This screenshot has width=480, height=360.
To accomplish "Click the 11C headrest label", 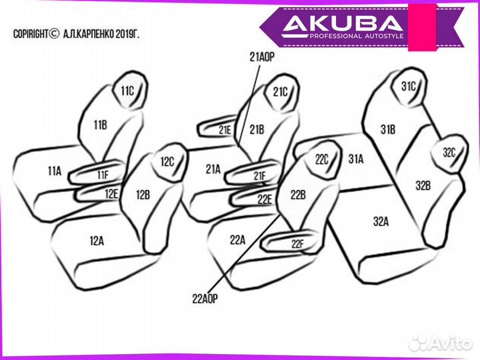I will pyautogui.click(x=127, y=90).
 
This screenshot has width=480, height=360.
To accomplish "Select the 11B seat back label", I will pyautogui.click(x=100, y=125).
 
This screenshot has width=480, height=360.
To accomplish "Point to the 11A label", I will pyautogui.click(x=54, y=171).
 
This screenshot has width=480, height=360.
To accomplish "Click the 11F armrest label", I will pyautogui.click(x=102, y=175).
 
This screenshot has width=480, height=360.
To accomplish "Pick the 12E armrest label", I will pyautogui.click(x=111, y=194).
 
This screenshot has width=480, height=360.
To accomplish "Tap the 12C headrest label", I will pyautogui.click(x=167, y=162).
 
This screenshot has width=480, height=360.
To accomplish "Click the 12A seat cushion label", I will pyautogui.click(x=97, y=240).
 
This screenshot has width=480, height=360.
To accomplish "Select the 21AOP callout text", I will pyautogui.click(x=262, y=58).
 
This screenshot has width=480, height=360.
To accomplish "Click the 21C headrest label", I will pyautogui.click(x=280, y=93).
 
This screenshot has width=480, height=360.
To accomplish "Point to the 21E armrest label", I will pyautogui.click(x=225, y=130).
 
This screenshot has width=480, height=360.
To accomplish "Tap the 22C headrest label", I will pyautogui.click(x=322, y=160).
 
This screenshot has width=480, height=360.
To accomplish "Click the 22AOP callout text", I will pyautogui.click(x=205, y=299).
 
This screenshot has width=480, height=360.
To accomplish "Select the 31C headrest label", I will pyautogui.click(x=408, y=87).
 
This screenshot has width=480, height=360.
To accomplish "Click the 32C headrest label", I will pyautogui.click(x=449, y=153).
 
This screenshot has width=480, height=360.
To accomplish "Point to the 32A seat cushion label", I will pyautogui.click(x=381, y=222).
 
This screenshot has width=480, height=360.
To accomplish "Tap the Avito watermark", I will pyautogui.click(x=440, y=343).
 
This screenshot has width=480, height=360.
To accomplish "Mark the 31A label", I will pyautogui.click(x=355, y=159).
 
